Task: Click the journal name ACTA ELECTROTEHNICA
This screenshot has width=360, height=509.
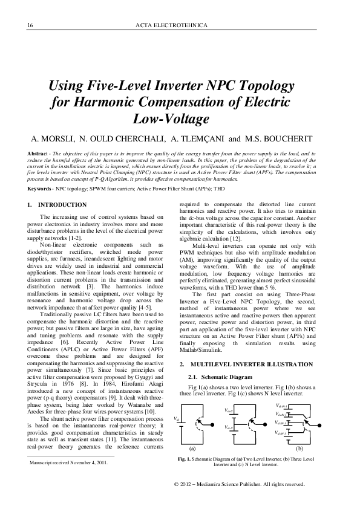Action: click(180, 25)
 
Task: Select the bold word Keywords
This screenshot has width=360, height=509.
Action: click(40, 189)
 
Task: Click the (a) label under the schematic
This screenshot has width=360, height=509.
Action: click(193, 449)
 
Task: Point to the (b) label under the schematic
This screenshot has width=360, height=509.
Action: click(299, 449)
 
